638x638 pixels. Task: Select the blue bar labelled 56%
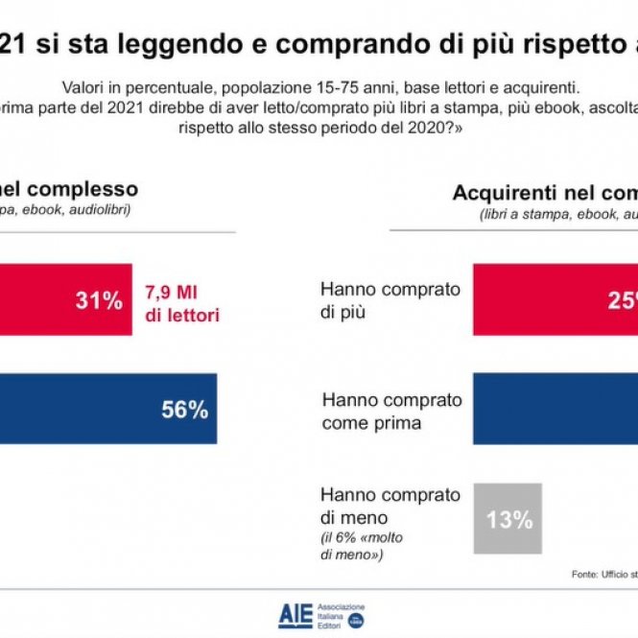pos(106,410)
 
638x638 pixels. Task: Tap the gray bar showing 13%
pos(508,519)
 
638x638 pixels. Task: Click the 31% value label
pos(99,300)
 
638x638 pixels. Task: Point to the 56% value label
pos(184,410)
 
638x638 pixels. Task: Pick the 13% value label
pos(508,520)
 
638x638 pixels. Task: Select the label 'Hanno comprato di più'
pos(390,299)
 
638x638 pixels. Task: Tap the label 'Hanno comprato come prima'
pos(391,410)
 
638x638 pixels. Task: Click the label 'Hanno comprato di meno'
pos(390,506)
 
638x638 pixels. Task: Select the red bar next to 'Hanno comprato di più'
pos(555,300)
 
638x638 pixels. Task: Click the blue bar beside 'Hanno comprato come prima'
pos(555,410)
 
